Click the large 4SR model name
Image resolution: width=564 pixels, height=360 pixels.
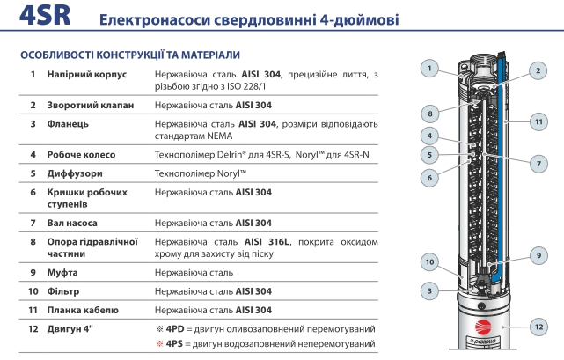pos(45,16)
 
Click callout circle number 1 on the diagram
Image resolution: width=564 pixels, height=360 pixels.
pos(429,69)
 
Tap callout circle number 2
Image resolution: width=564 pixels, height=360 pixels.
pos(538,70)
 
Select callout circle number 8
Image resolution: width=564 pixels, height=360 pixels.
pos(430,114)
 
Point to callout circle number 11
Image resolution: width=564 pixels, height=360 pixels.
pos(538,121)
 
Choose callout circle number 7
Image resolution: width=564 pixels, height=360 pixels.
pos(538,164)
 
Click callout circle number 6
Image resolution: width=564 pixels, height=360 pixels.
pos(429,178)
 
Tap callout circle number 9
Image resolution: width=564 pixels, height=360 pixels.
pos(538,255)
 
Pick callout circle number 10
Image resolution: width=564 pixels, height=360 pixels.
pos(430,262)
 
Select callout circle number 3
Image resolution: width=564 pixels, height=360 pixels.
pos(429,290)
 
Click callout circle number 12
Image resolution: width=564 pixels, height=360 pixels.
pos(538,327)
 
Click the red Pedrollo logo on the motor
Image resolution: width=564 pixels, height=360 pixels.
pos(483,327)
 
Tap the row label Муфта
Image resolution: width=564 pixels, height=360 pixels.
pos(62,273)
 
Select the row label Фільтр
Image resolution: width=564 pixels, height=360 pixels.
pos(63,291)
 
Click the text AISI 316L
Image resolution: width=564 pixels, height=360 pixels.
pos(267,241)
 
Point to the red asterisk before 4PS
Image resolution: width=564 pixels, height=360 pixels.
pos(159,344)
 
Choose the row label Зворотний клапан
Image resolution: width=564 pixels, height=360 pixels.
pos(91,106)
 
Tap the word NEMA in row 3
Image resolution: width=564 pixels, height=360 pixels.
pos(220,136)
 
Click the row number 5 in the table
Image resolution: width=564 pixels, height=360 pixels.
pos(33,173)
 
